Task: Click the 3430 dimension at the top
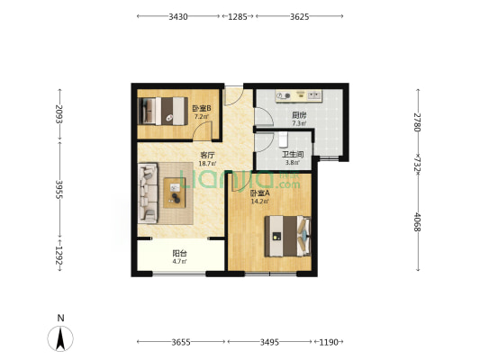pos(178,16)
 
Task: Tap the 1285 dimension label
pos(238,16)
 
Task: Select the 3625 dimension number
pos(299,16)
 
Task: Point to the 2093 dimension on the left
pos(59,113)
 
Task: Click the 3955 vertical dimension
pos(59,189)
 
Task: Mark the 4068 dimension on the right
pos(417,222)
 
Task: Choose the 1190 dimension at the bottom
pos(329,342)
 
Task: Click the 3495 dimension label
pos(269,342)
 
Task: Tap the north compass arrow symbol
pos(60,338)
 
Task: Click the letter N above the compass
pos(61,318)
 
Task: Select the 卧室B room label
pos(202,108)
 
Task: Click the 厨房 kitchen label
pos(299,115)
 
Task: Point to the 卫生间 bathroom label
pos(293,155)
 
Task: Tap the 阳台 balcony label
pos(180,253)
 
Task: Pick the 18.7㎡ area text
pos(207,163)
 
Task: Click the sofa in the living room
pos(148,193)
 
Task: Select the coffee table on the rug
pos(174,193)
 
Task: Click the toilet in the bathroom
pos(284,139)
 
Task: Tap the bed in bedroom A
pos(288,236)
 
